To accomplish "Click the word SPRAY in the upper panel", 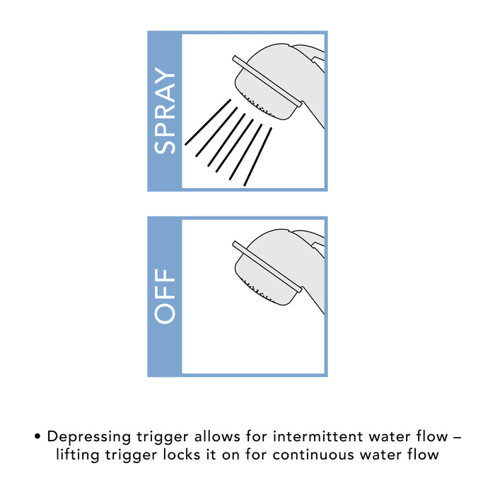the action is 165,110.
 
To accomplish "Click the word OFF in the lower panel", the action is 165,296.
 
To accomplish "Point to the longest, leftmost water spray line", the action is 208,122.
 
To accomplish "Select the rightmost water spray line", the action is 257,156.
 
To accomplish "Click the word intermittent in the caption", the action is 318,436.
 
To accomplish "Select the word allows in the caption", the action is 217,436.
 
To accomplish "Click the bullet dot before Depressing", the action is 37,437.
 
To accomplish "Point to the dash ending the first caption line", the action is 457,438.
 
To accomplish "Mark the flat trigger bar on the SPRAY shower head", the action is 267,82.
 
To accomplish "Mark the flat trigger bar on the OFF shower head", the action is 267,267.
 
